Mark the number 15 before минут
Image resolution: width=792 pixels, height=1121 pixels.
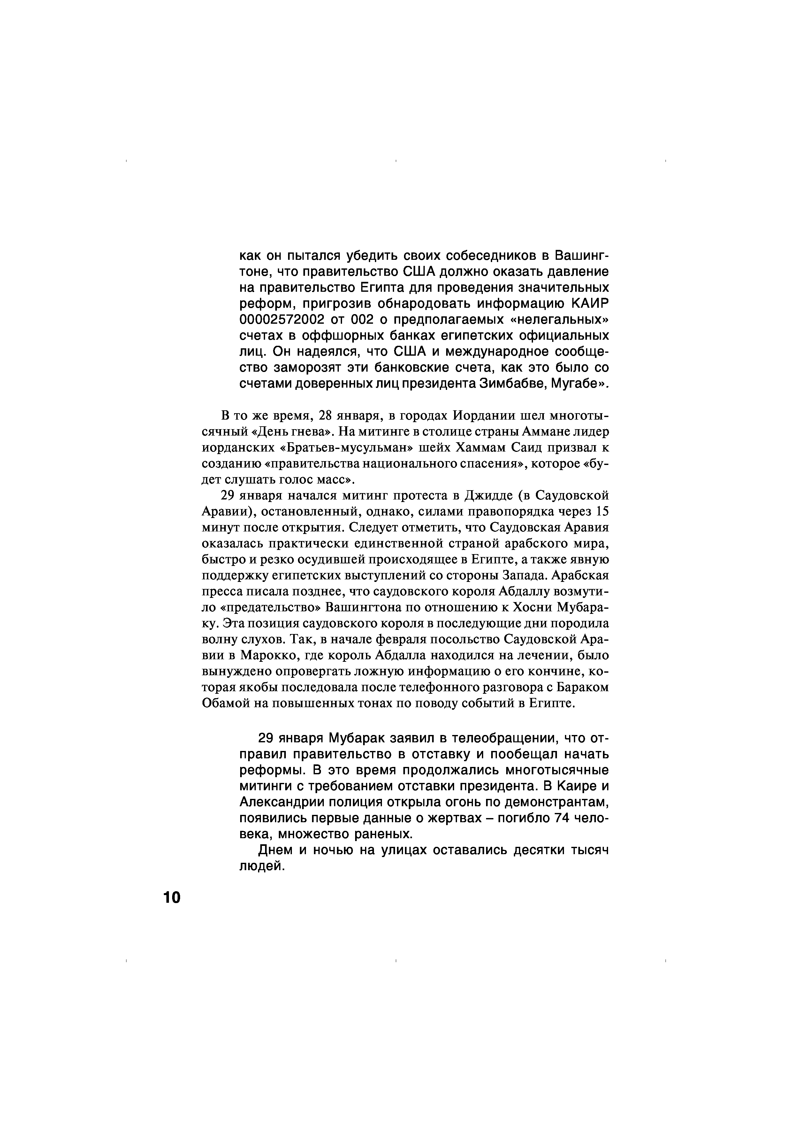(603, 512)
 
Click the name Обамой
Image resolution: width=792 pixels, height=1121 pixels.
(222, 704)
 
